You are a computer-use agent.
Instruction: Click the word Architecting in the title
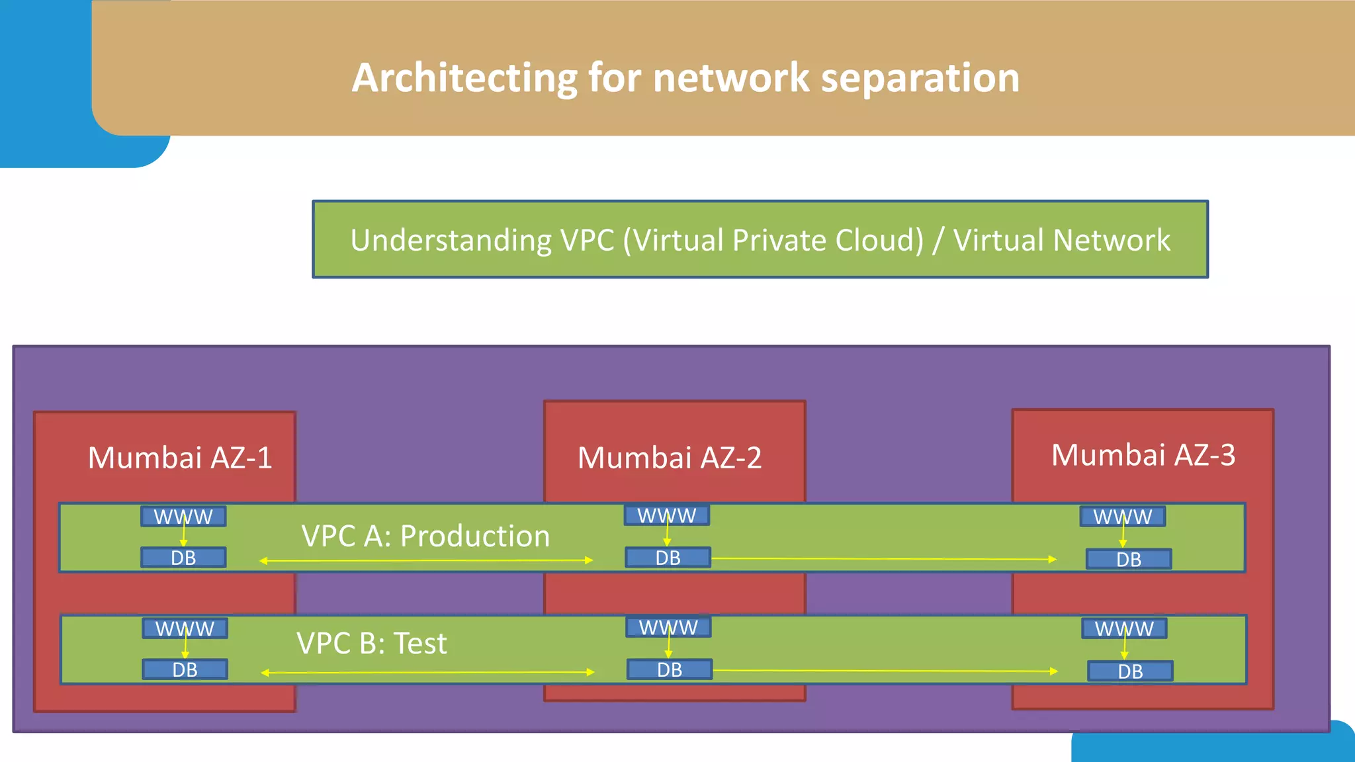point(464,78)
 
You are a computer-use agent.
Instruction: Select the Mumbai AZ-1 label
point(180,458)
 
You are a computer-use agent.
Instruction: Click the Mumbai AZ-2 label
point(670,458)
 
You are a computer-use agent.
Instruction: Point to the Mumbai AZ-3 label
point(1143,455)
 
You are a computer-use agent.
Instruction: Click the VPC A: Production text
point(425,536)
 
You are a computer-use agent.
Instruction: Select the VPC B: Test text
point(371,643)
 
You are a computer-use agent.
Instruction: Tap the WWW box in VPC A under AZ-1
point(183,517)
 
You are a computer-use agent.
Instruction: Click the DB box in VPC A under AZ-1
point(183,558)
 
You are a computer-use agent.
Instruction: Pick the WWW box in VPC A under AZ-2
point(667,515)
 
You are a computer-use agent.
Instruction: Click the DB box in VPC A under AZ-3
point(1129,560)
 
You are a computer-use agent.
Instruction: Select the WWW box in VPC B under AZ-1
point(185,628)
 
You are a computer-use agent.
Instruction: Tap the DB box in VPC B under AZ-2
point(670,669)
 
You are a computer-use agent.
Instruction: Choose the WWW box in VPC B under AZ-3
point(1124,628)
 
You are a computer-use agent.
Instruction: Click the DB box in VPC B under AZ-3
point(1130,671)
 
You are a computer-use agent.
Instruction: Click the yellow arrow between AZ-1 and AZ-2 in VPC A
point(426,561)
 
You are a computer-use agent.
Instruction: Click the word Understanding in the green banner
point(451,240)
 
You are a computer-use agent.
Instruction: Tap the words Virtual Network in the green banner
point(1061,240)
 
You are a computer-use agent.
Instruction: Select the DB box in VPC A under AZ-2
point(668,558)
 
